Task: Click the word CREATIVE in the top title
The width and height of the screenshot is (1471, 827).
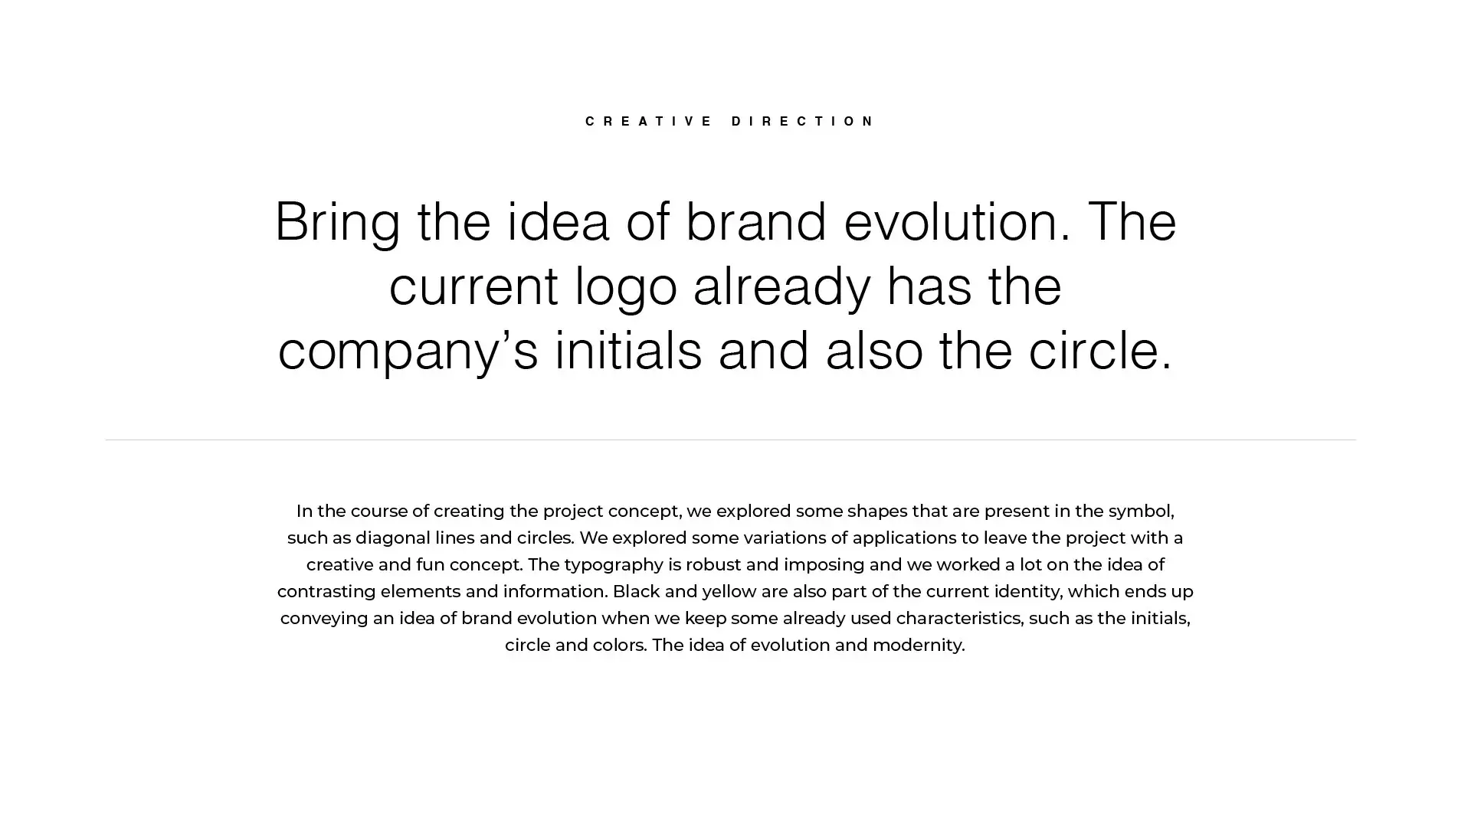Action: pos(649,121)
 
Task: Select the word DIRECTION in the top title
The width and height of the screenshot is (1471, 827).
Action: pos(803,121)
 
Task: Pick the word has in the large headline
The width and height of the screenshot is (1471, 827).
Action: pos(929,286)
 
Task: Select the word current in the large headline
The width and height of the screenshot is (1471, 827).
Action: pos(473,287)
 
